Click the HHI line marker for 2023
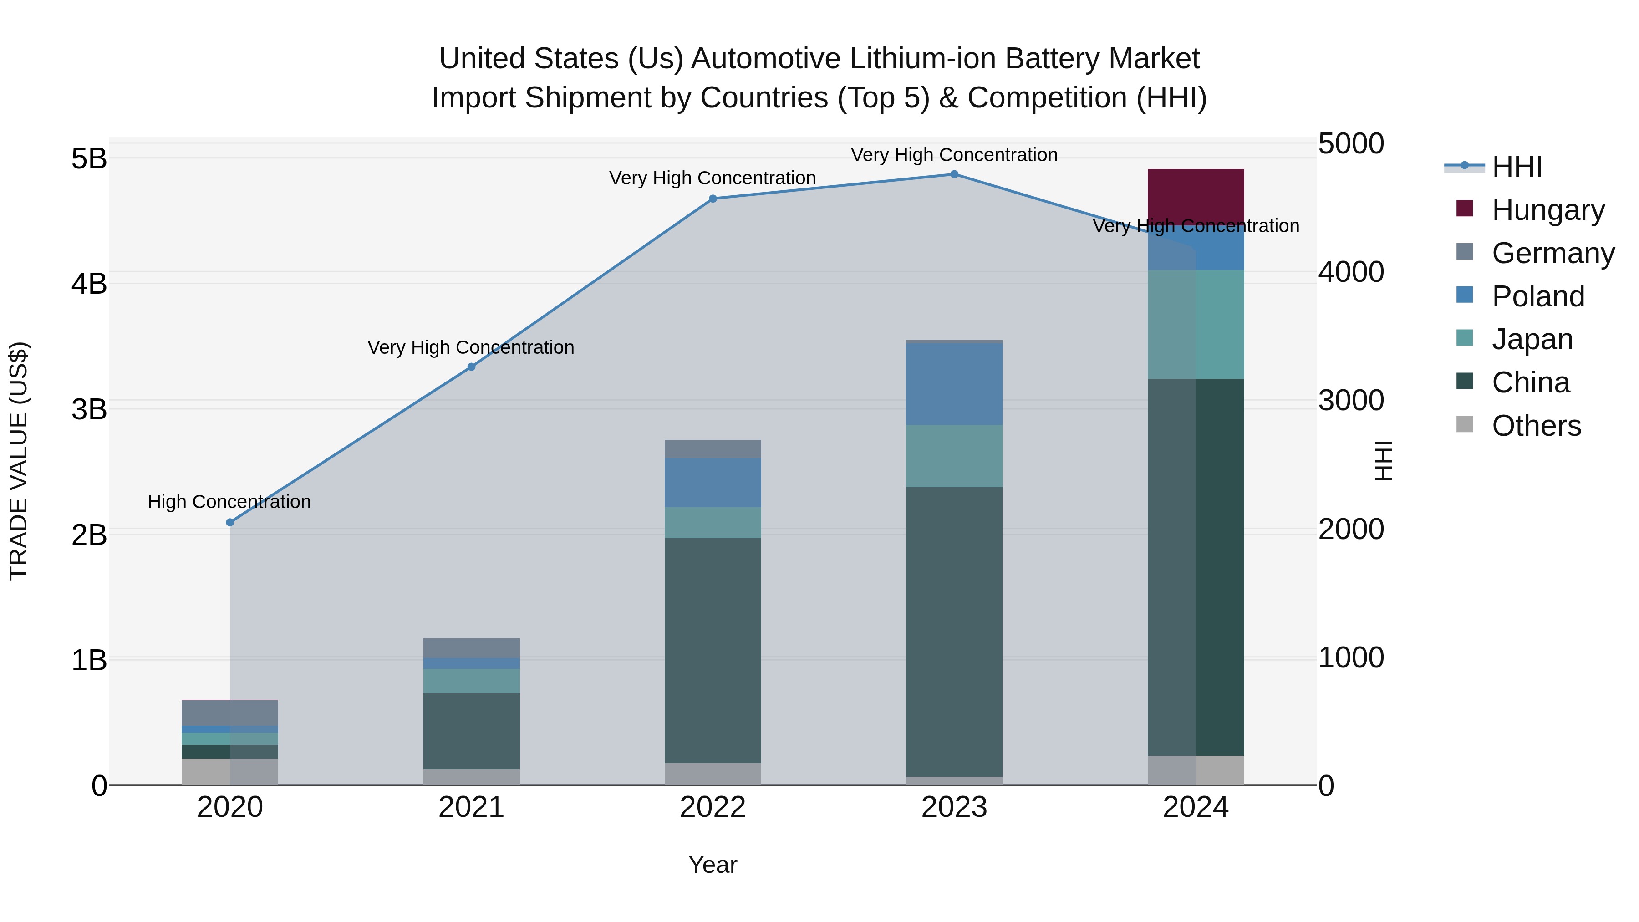tap(954, 174)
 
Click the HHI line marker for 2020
tap(230, 522)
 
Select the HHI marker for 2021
tap(472, 367)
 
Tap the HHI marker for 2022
tap(713, 199)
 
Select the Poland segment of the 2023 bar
tap(954, 384)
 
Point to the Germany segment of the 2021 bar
tap(472, 648)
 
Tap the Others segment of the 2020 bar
tap(230, 771)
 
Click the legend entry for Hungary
tap(1547, 210)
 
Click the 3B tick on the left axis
tap(89, 409)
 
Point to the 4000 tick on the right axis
tap(1351, 272)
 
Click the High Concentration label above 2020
tap(229, 502)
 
